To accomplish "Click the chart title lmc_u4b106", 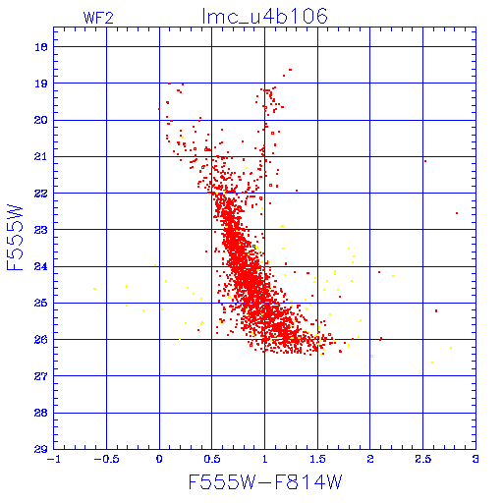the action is (x=264, y=17).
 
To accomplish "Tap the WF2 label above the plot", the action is (x=98, y=18).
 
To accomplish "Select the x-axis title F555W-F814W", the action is (x=265, y=482).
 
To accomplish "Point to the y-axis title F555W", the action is (x=15, y=238).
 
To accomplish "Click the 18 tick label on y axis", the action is (x=41, y=47).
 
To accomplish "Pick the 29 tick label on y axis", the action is (x=41, y=449).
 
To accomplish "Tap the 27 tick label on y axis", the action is (x=41, y=376).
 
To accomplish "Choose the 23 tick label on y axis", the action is (x=41, y=230).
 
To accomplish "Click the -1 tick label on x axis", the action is (x=54, y=459).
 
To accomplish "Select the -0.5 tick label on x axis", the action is (x=106, y=459).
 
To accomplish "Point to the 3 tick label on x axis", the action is (x=475, y=459).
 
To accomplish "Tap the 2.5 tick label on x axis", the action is (x=422, y=459).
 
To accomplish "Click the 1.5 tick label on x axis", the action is (x=317, y=459).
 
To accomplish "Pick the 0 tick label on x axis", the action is (x=159, y=459).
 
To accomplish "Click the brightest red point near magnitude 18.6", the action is (x=290, y=70).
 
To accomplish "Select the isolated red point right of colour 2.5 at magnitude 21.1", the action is (x=425, y=161).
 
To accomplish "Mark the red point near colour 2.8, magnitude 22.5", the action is (x=457, y=213).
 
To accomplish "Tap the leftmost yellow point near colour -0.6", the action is (x=95, y=289).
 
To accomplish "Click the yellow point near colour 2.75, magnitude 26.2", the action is (x=451, y=348).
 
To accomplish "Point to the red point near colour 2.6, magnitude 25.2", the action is (x=436, y=310).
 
